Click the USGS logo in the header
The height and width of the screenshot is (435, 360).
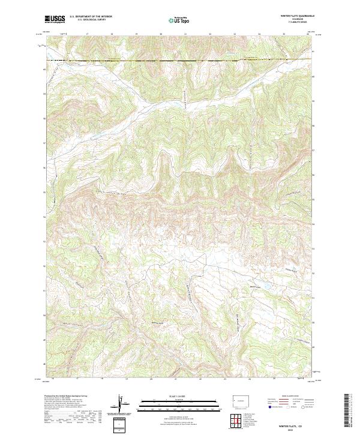[x=55, y=19]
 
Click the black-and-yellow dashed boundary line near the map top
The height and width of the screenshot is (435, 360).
[x=180, y=60]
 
